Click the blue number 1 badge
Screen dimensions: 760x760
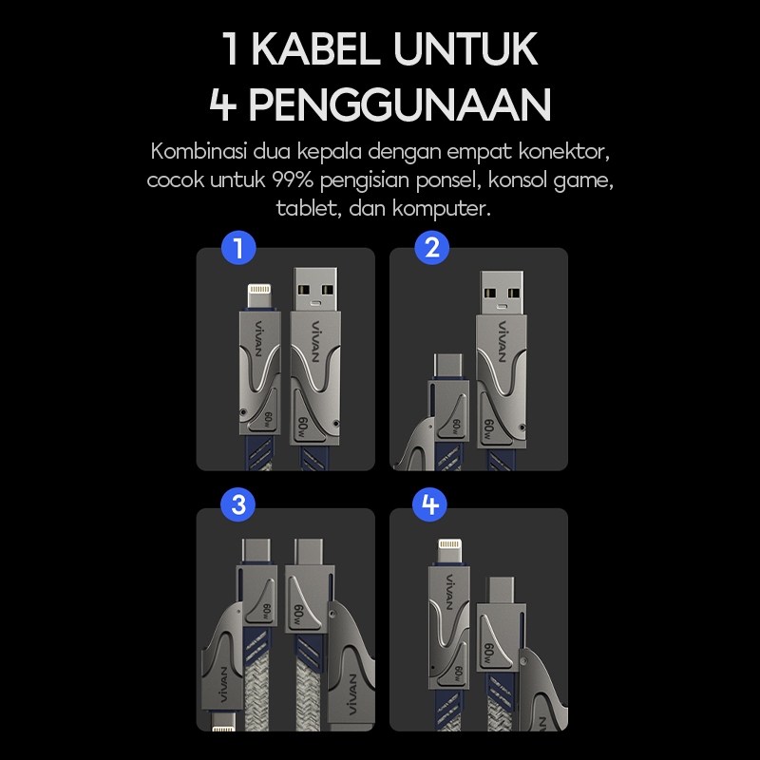[x=238, y=248]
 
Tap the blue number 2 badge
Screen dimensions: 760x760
[x=432, y=248]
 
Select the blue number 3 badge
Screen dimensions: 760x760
[x=238, y=504]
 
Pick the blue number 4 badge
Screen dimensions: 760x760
[x=430, y=504]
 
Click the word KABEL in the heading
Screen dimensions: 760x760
[x=315, y=48]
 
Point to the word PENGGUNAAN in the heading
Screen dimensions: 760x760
[x=400, y=104]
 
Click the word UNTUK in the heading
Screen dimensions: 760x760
[x=465, y=48]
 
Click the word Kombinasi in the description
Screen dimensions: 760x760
[x=199, y=151]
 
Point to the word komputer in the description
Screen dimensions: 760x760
[x=442, y=209]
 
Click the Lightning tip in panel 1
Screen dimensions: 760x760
[x=259, y=295]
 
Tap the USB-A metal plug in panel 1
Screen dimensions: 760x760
[x=315, y=289]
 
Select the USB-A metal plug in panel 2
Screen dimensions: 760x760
[x=502, y=294]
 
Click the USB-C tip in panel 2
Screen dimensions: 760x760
[x=448, y=367]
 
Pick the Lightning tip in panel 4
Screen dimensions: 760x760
[x=450, y=551]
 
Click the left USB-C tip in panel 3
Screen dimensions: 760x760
[x=257, y=551]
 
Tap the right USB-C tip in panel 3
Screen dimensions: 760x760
[x=309, y=551]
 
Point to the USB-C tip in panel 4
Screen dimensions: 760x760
[x=502, y=590]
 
